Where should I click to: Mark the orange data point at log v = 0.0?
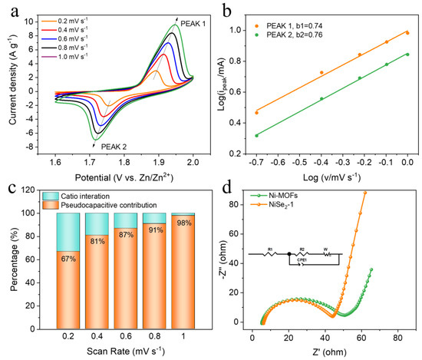coord(407,33)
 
